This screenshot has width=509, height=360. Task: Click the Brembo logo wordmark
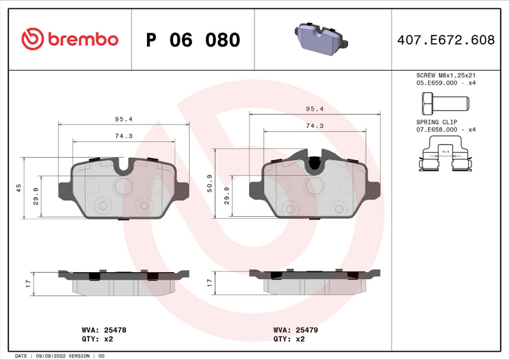coord(70,39)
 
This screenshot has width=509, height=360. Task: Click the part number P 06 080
coord(193,40)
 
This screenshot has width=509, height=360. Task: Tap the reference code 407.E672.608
coord(445,40)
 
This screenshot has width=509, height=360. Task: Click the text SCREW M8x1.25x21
coord(446,75)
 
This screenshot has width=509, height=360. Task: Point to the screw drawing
coord(444,102)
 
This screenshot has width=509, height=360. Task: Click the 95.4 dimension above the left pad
coord(123,119)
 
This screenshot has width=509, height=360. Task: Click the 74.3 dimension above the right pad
coord(314,126)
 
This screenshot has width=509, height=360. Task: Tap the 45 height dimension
coord(19,188)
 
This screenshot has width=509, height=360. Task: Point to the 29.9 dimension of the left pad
coord(36,197)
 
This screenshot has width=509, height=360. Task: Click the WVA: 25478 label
coord(104,331)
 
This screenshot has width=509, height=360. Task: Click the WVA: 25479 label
coord(295,331)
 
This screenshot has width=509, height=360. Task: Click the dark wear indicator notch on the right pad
coord(314,164)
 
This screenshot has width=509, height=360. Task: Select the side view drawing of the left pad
coord(124,281)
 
